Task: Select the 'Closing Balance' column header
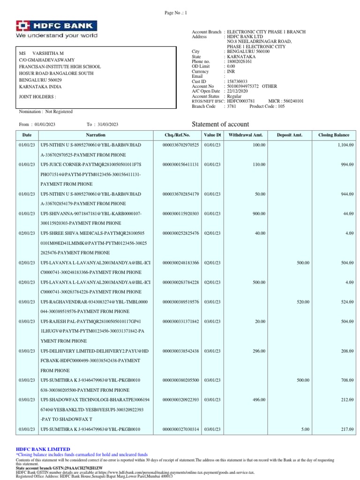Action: point(333,135)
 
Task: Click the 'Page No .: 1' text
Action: point(176,13)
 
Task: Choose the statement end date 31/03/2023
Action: point(108,124)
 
